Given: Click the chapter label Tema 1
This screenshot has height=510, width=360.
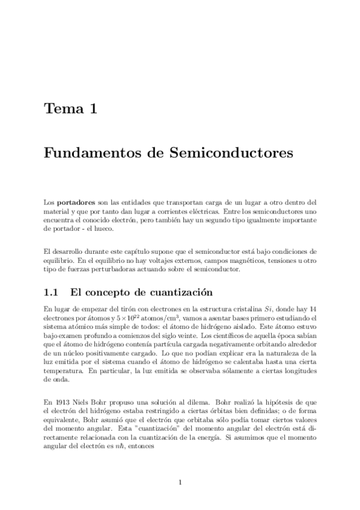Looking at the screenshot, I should tap(70, 109).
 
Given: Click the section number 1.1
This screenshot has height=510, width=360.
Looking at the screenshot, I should tap(51, 294).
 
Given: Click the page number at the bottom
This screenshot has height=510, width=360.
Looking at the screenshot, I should tap(180, 481).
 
